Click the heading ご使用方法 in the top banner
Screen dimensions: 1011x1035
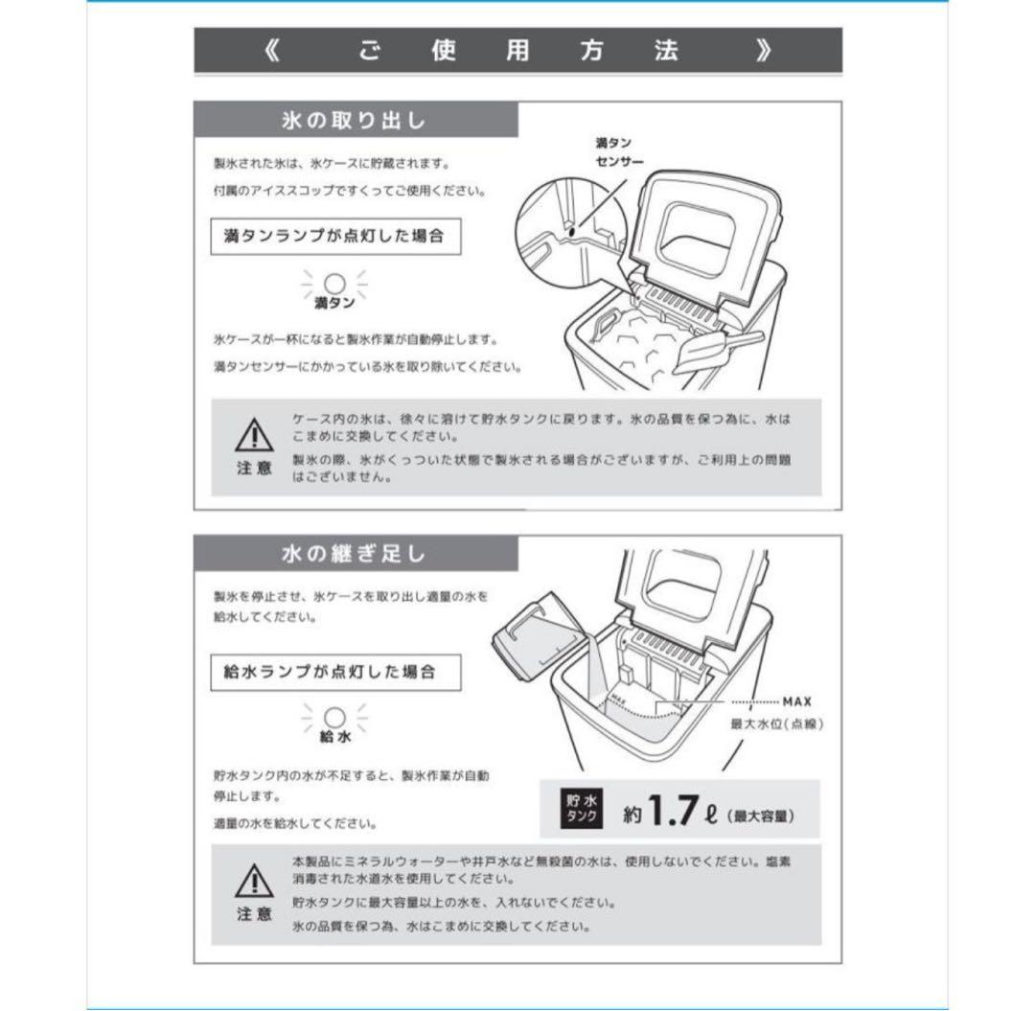pos(517,51)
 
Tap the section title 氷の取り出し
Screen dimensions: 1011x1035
pos(354,121)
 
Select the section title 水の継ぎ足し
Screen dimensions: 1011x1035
pos(354,554)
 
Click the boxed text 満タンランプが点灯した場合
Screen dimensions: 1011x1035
pos(334,236)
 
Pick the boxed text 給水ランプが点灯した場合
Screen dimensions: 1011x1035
pos(334,671)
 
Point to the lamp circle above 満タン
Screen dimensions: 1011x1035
pos(334,283)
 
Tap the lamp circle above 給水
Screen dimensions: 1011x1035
pos(334,718)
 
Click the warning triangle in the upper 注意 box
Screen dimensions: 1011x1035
pos(254,437)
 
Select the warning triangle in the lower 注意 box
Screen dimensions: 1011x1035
pos(254,879)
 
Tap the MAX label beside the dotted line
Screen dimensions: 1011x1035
pos(796,701)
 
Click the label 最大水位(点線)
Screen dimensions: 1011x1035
pos(776,724)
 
